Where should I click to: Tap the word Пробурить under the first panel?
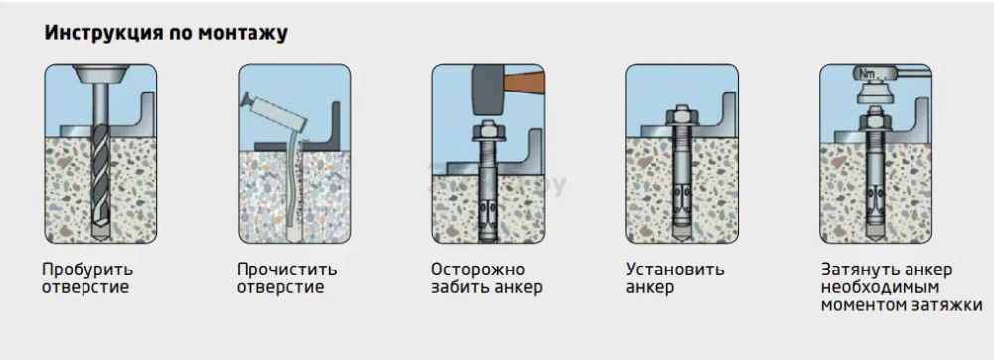point(87,270)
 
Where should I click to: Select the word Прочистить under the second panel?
point(286,270)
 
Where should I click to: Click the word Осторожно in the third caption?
point(478,270)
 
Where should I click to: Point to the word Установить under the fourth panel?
point(675,270)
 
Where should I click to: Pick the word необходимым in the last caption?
point(880,287)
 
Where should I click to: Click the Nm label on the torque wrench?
point(866,74)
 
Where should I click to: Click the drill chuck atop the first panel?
point(100,73)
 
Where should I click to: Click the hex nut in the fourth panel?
point(682,116)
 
